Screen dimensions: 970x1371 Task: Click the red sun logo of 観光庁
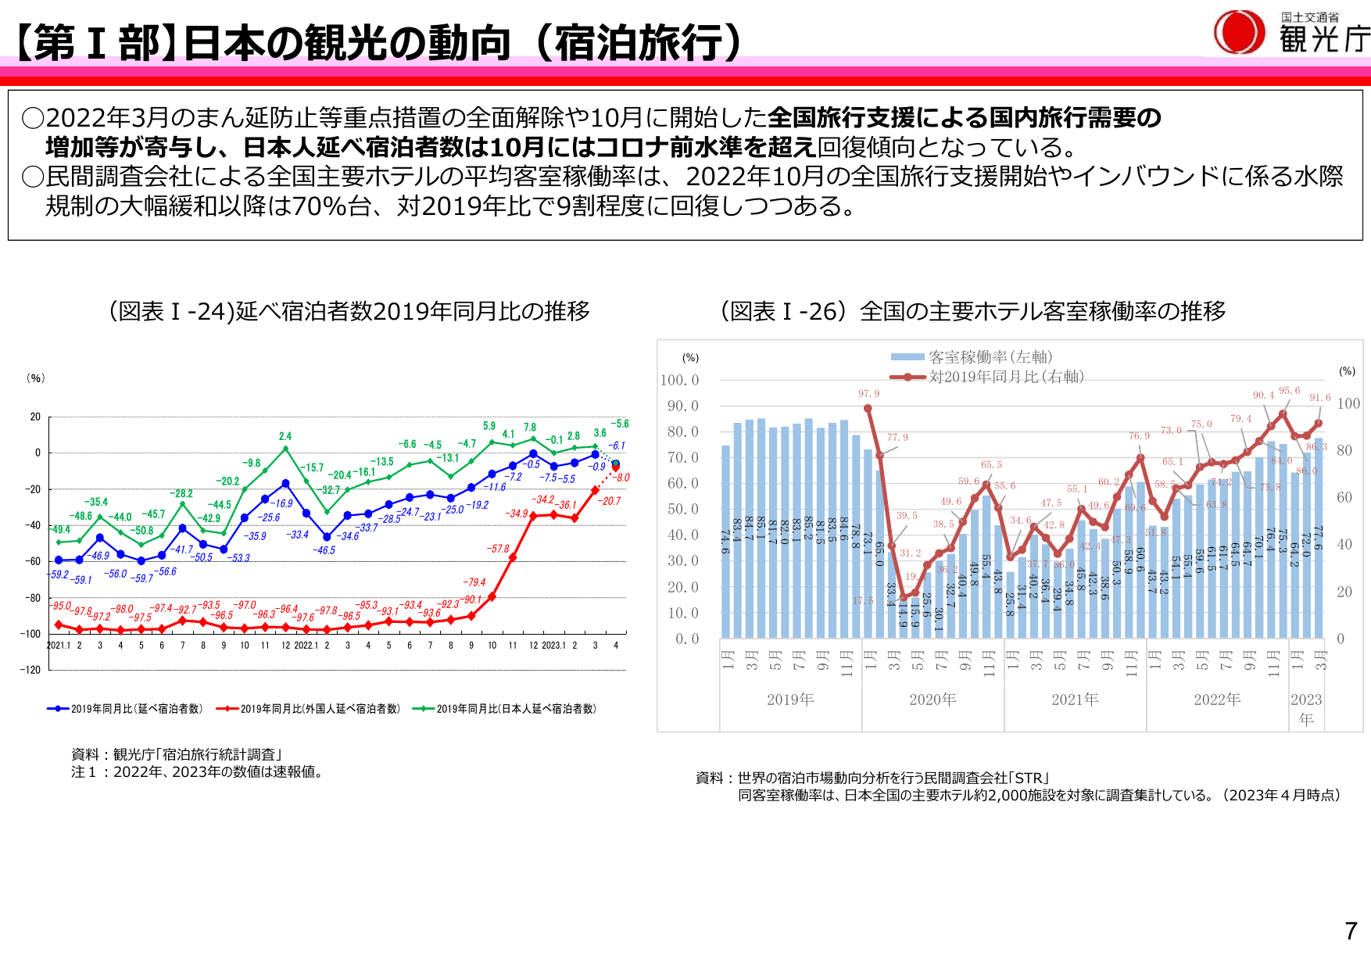pos(1239,32)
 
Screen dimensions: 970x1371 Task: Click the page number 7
pos(1351,931)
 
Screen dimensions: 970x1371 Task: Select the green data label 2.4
pos(285,436)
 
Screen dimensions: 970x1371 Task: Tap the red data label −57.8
pos(498,549)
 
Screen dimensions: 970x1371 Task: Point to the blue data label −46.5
pos(324,550)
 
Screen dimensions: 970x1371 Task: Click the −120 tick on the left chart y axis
pos(30,670)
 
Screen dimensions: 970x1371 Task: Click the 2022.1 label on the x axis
pos(306,646)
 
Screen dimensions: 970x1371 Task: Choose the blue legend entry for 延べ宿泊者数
pos(125,709)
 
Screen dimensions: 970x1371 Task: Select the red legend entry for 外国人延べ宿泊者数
pos(308,709)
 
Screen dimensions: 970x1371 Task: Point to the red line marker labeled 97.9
pos(868,408)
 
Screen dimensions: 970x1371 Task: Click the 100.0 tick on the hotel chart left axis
pos(679,381)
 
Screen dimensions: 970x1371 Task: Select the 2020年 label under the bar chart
pos(932,700)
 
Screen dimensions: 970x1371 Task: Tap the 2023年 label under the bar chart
pos(1306,708)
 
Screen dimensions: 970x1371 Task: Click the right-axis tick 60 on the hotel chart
pos(1344,498)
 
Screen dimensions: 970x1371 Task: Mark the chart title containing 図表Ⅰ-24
pos(349,311)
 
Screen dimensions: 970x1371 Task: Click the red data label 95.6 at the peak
pos(1289,391)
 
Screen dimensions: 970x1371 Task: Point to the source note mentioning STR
pos(872,778)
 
